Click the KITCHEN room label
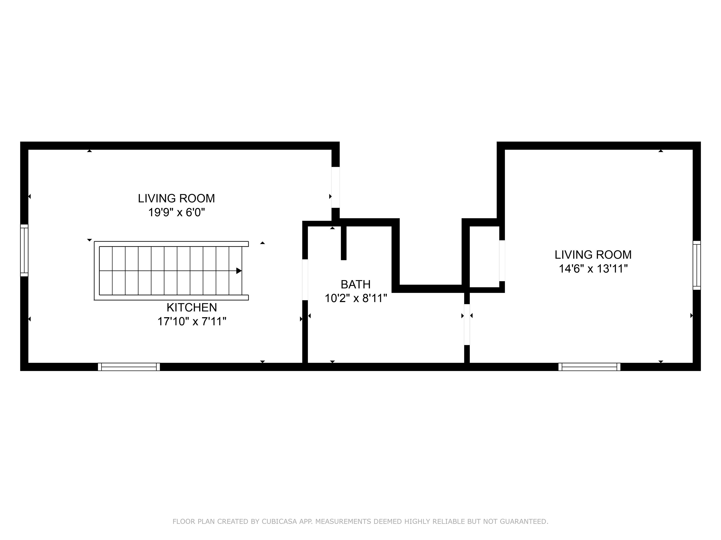click(x=192, y=307)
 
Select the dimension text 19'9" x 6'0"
click(x=176, y=213)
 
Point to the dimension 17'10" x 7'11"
click(x=192, y=322)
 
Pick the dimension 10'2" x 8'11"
click(x=355, y=298)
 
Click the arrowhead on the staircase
click(x=239, y=270)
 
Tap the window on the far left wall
click(x=24, y=250)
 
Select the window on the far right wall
click(x=697, y=265)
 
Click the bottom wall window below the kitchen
click(x=129, y=367)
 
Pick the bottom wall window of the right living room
click(x=589, y=367)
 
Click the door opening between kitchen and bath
click(x=305, y=280)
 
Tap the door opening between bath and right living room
click(x=467, y=325)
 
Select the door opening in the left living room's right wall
click(x=335, y=187)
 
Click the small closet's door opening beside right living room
click(x=502, y=260)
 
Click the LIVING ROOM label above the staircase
click(x=176, y=198)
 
